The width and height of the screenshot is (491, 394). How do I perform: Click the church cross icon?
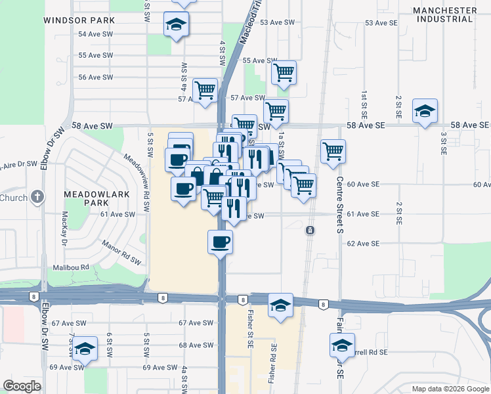point(38,196)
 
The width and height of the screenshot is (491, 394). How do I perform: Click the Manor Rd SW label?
point(122,252)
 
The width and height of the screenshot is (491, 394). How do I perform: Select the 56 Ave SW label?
point(96,77)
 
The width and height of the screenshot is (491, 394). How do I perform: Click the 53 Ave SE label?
point(381,23)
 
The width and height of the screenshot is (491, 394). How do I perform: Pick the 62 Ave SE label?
point(363,244)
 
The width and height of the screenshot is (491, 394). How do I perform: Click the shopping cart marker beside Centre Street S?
point(333,150)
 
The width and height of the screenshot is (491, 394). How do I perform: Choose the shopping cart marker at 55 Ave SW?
point(284,72)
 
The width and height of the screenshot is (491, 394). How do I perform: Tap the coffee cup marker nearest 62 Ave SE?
point(221,242)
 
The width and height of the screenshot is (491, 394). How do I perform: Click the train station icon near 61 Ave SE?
point(309,230)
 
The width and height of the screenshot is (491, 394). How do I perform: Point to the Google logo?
point(22,386)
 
